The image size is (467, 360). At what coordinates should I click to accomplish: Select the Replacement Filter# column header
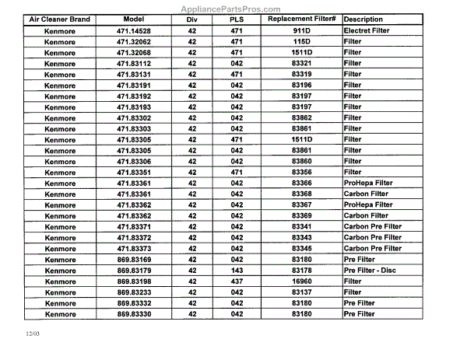300,18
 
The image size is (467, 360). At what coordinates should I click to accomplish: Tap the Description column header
368,19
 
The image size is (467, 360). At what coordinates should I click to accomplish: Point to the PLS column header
237,19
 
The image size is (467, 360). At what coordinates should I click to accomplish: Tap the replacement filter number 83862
301,117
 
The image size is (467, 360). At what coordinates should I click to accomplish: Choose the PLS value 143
237,270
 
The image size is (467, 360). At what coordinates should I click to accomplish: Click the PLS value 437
237,281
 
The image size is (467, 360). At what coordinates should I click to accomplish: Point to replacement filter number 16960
301,281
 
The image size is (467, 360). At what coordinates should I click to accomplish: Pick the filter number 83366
301,183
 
